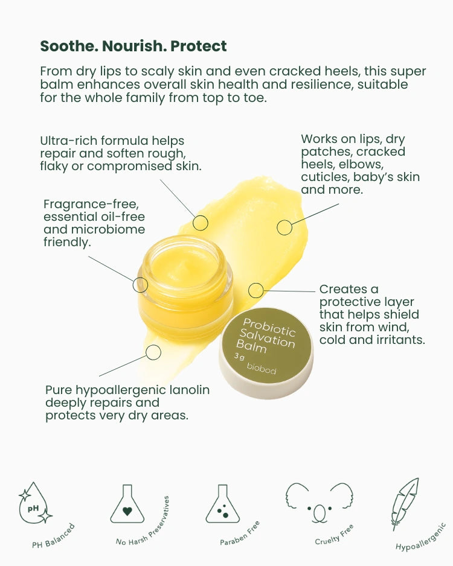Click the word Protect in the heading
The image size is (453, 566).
199,46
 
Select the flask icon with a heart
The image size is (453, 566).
127,504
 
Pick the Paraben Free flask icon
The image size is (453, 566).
222,504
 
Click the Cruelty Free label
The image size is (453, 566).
335,535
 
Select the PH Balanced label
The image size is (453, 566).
53,536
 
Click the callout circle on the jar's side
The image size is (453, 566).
140,284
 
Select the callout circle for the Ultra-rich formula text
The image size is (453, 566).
201,223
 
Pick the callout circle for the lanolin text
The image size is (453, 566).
153,352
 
